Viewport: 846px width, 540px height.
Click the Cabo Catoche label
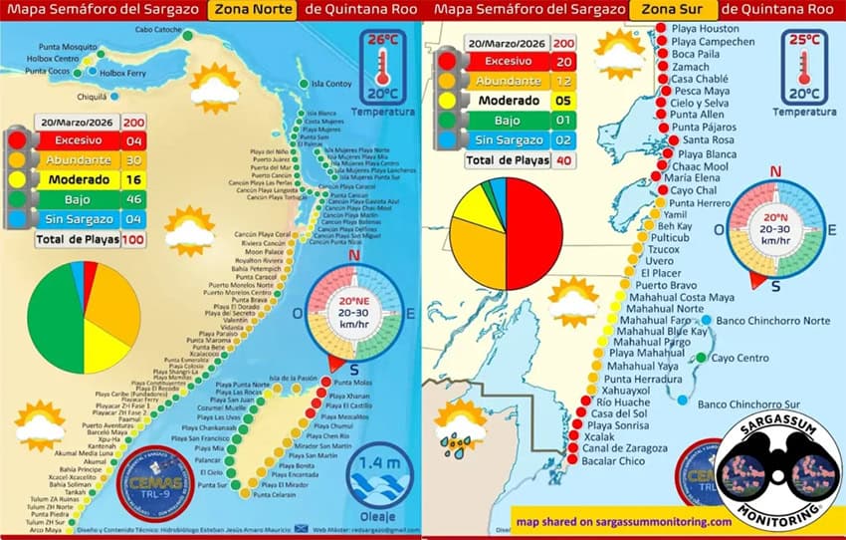(x=157, y=31)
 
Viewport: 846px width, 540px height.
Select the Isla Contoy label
(x=331, y=84)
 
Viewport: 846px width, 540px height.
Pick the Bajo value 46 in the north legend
(x=133, y=199)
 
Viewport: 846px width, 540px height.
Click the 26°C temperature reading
(x=383, y=41)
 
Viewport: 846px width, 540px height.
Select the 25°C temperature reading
(x=803, y=41)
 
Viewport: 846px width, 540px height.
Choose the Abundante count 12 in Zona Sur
(x=562, y=80)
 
